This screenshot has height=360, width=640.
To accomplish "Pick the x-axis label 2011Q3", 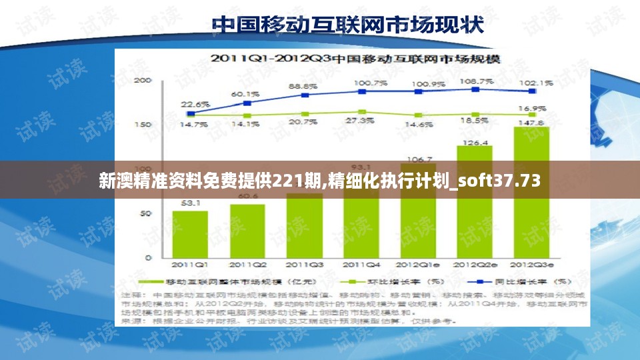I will pos(304,265).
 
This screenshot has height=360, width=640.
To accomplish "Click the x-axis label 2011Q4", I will pos(361,265).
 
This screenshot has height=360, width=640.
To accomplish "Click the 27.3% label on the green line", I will pos(360,121).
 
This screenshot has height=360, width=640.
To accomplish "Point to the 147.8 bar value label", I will pos(531,123).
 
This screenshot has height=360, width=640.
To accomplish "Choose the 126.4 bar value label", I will pos(475,143).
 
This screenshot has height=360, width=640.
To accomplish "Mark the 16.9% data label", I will pos(532,107).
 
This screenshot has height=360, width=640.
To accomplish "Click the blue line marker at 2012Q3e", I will pos(532,91).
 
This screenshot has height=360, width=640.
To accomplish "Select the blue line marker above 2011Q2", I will pos(247,103).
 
